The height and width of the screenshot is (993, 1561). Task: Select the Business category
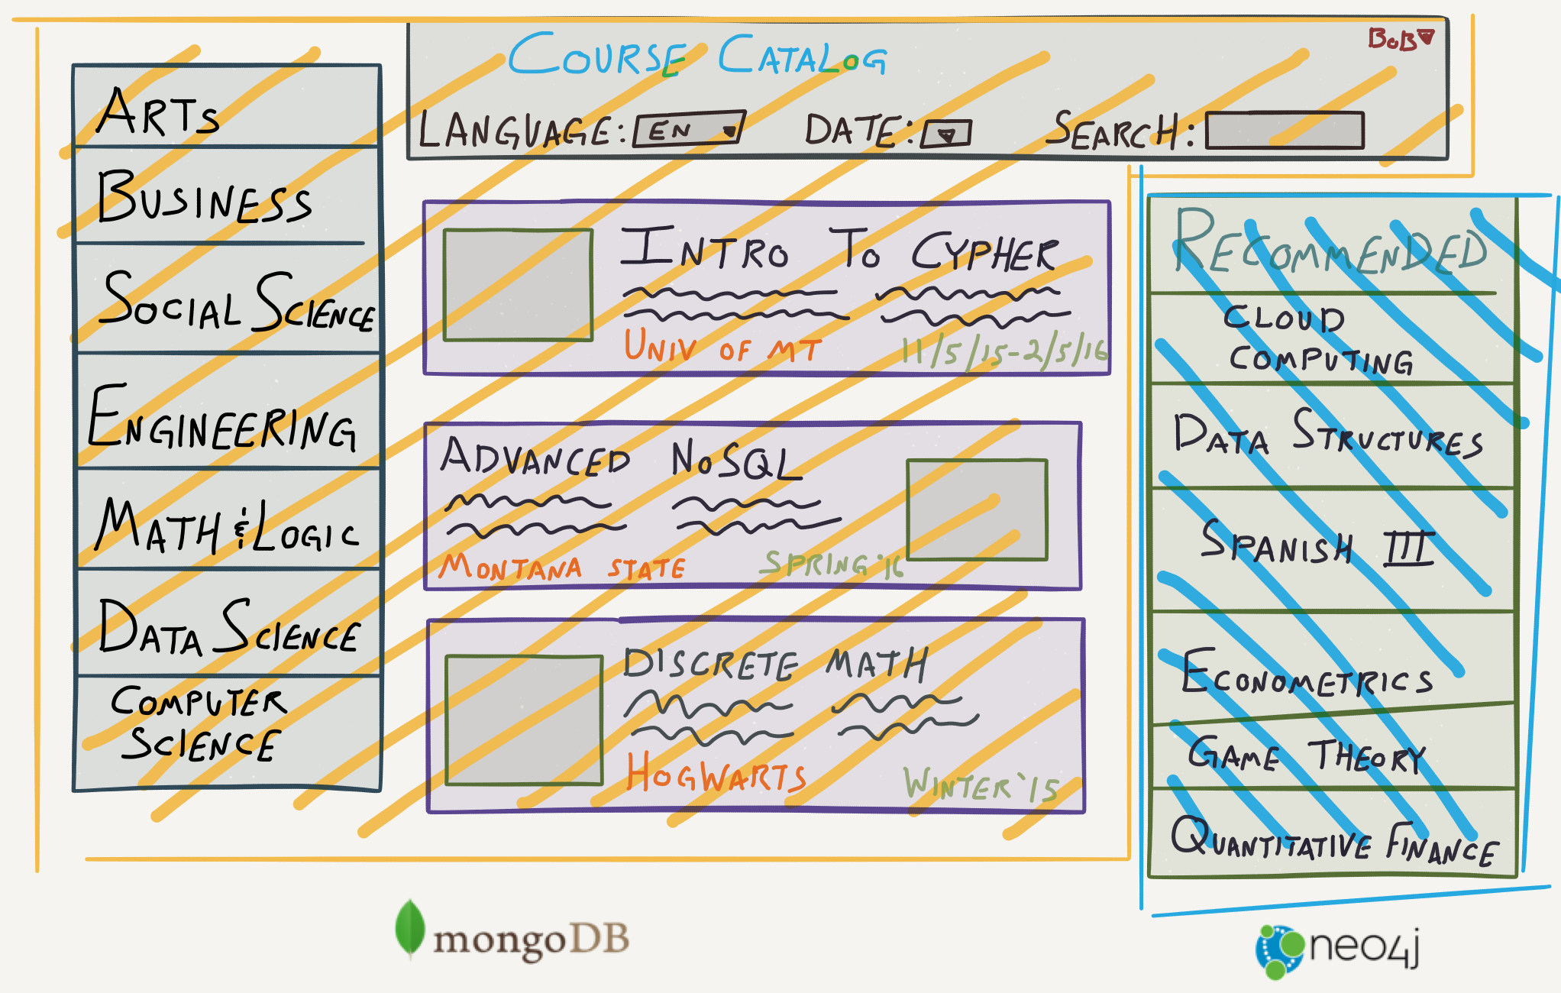pos(205,197)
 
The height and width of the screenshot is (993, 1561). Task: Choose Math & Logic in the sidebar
pos(226,527)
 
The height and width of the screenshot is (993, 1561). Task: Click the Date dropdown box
pos(946,134)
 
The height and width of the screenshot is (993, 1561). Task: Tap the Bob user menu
pos(1401,38)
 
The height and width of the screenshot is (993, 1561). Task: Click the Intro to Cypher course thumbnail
pos(518,284)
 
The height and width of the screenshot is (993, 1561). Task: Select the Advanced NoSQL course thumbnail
pos(977,509)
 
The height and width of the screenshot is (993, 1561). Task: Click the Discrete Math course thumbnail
pos(524,720)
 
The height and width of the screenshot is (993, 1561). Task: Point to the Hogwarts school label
pos(716,773)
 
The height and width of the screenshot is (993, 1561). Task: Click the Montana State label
pos(562,568)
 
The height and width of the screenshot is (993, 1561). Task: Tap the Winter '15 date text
pos(981,785)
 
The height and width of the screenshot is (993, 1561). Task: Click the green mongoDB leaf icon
pos(410,927)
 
